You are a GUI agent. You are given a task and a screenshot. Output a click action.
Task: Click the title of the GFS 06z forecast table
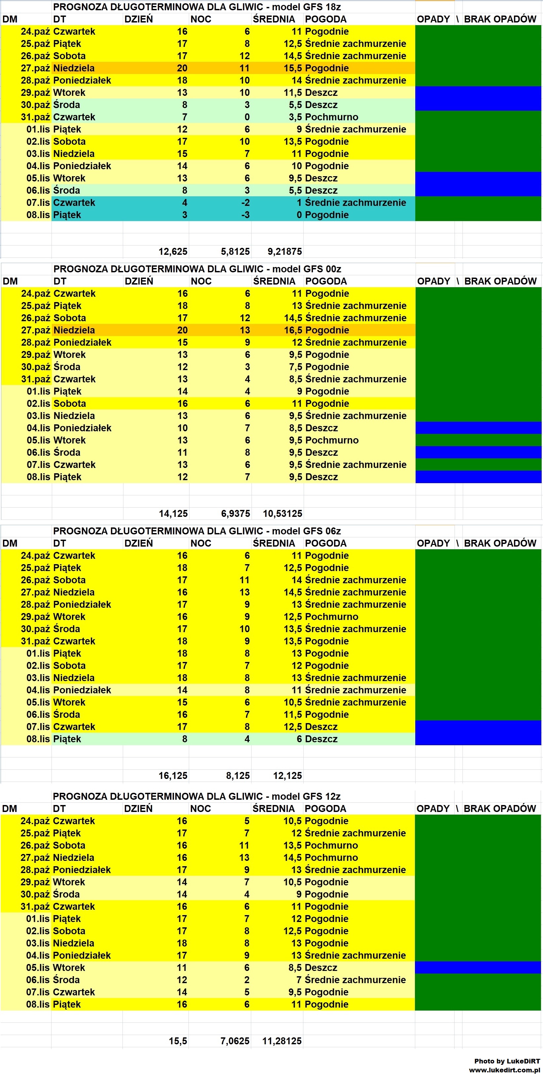point(197,531)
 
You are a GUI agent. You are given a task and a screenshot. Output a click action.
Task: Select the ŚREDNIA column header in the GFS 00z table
point(274,281)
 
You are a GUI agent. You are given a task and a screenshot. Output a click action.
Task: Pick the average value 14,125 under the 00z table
point(173,514)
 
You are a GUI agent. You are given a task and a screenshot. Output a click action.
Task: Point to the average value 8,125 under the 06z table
point(238,776)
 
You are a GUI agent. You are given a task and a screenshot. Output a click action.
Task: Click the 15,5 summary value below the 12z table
point(178,1041)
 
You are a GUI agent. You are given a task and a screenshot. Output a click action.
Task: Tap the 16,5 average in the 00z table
point(293,330)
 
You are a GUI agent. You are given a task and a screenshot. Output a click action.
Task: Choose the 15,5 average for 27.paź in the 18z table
point(292,68)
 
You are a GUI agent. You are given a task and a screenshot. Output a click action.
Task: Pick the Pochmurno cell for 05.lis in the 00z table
point(332,440)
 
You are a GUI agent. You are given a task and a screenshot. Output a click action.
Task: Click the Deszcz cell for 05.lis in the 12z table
point(321,968)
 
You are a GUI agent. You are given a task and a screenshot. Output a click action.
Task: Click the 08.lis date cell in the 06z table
point(38,739)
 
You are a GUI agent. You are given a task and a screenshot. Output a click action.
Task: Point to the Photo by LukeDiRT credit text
point(507,1061)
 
